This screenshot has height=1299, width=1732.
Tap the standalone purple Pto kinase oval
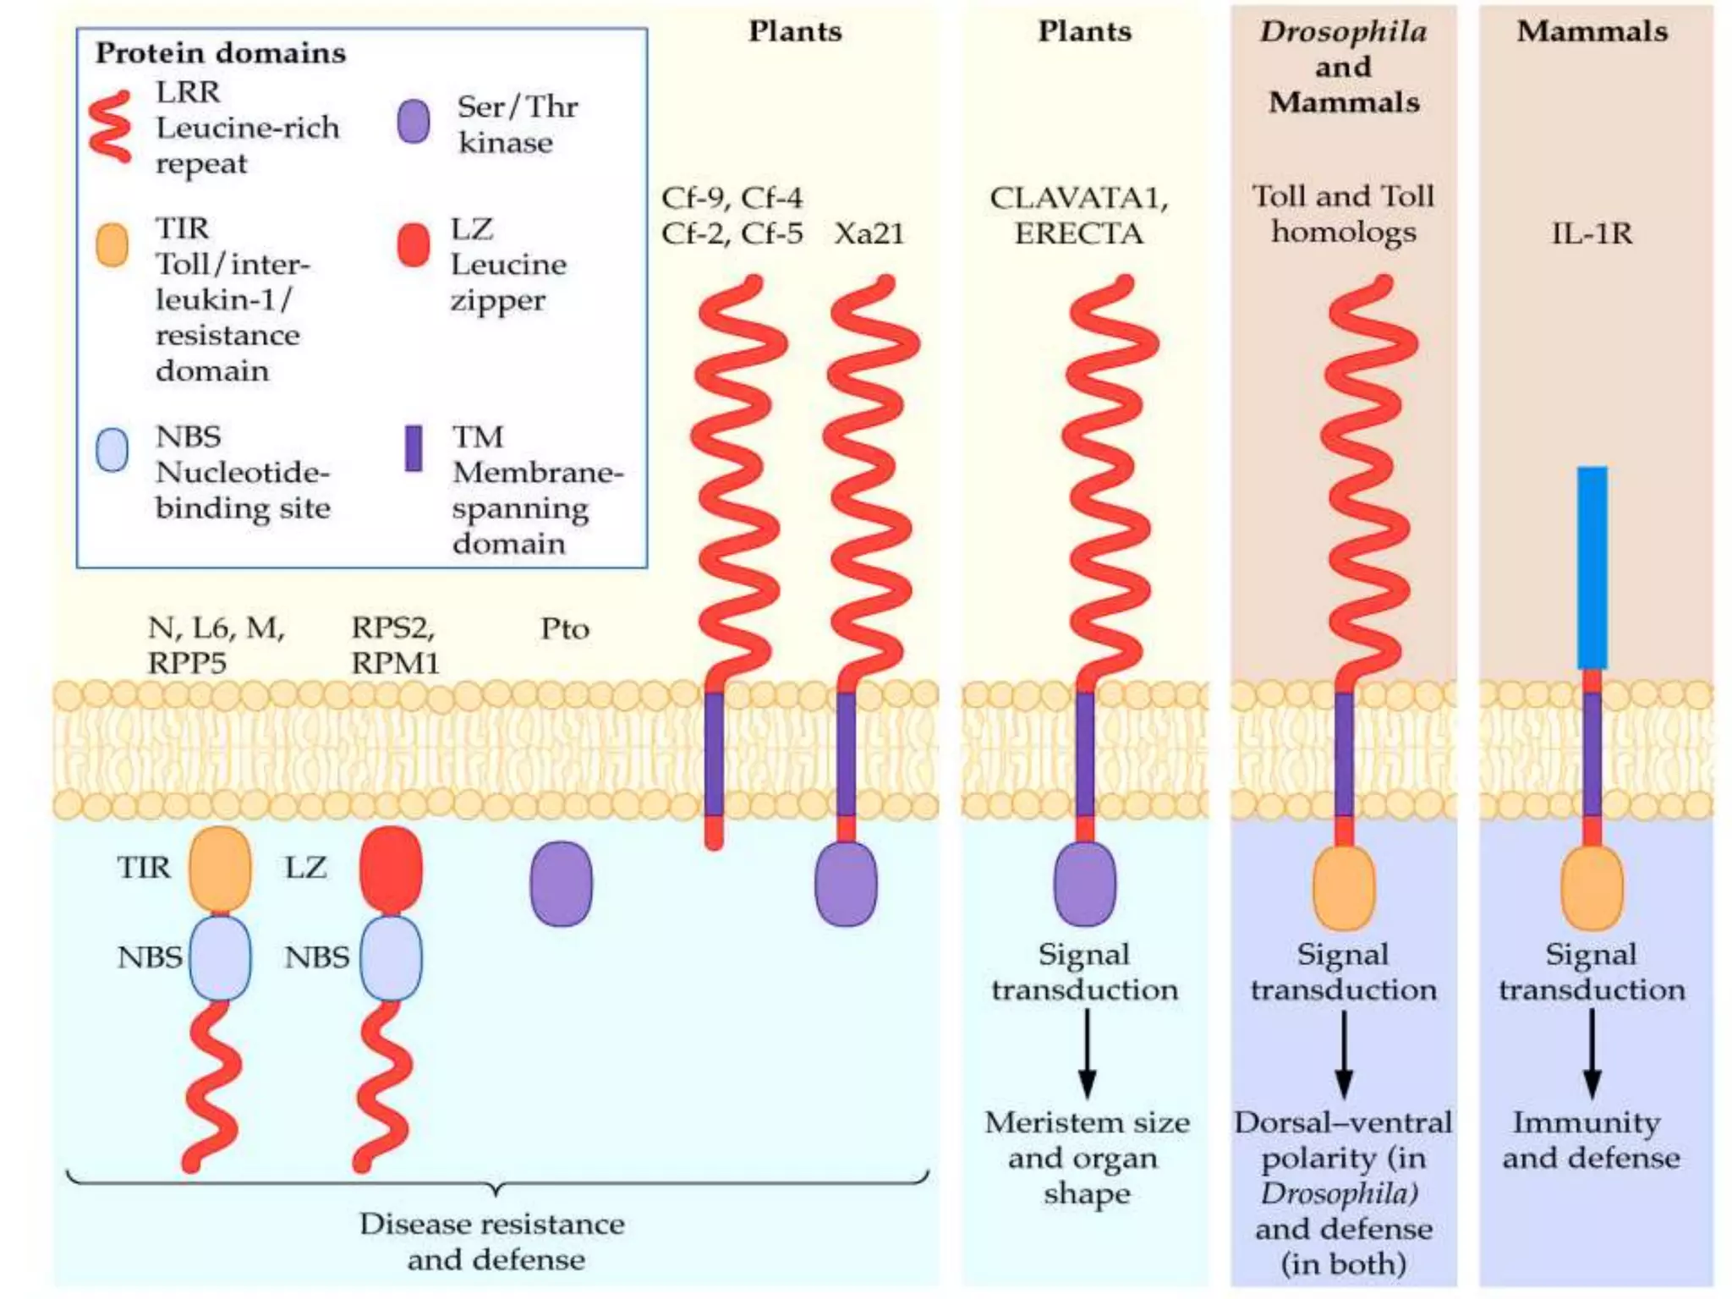(x=561, y=883)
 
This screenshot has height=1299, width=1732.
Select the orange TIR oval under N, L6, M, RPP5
(x=220, y=869)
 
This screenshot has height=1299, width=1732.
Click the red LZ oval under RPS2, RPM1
(x=391, y=869)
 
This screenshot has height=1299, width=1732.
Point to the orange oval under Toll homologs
(x=1343, y=888)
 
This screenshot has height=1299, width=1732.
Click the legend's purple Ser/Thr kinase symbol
(x=414, y=121)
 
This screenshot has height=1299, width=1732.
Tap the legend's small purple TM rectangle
(x=414, y=448)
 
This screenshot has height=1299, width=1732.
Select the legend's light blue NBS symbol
(x=112, y=449)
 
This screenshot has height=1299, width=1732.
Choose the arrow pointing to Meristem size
(x=1088, y=1053)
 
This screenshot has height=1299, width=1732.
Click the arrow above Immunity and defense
(x=1592, y=1053)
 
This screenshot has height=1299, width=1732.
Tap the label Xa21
(x=869, y=233)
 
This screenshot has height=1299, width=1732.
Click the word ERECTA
(x=1078, y=233)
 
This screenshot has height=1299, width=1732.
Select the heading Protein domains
(x=221, y=53)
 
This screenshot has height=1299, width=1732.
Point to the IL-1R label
(x=1591, y=233)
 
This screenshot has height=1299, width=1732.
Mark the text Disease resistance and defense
(x=493, y=1241)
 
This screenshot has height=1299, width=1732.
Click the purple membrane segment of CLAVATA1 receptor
(x=1085, y=753)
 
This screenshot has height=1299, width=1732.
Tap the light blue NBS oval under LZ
(x=391, y=958)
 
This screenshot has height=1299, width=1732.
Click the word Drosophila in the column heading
(x=1343, y=32)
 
